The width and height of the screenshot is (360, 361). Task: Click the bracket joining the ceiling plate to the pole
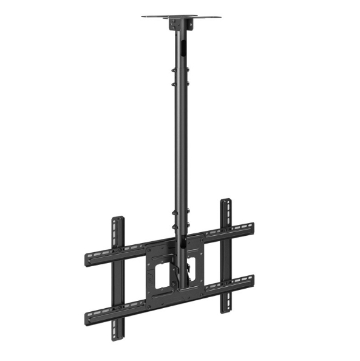pos(179,24)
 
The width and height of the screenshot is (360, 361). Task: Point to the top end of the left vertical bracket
pos(118,220)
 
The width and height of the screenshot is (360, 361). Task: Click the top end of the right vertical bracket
pos(226,202)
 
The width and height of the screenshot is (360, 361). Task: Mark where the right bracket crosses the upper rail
pos(226,233)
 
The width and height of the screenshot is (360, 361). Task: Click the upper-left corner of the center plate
pos(147,247)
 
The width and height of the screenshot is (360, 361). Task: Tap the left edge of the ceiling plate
pos(144,16)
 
